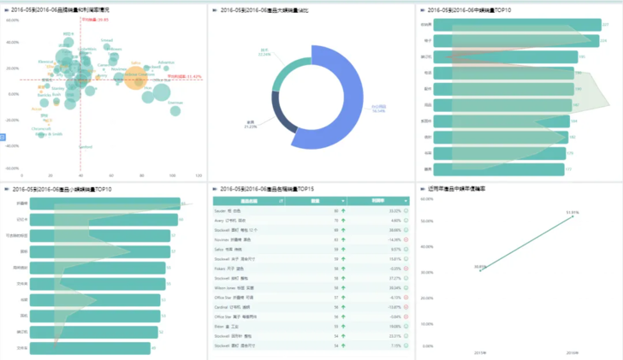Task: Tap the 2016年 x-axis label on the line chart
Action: coord(573,351)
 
